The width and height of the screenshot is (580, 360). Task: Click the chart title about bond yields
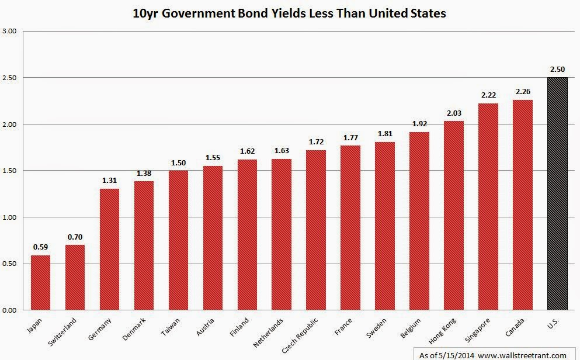coord(290,13)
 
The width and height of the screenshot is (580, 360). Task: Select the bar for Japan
coord(40,283)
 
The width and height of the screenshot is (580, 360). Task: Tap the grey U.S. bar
coord(557,193)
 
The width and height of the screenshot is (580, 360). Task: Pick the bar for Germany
coord(109,250)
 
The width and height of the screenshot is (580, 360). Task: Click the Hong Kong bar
coord(454,216)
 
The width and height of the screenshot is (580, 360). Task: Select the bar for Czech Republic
coord(316,230)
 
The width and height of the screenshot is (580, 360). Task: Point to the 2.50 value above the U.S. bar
coord(557,69)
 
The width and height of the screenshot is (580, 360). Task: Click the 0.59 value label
coord(40,247)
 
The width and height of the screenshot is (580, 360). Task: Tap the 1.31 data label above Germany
coord(109,181)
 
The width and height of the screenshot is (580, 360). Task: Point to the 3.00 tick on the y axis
coord(9,31)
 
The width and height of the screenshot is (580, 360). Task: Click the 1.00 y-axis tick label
coord(9,217)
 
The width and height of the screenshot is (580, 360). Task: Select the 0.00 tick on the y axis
coord(9,310)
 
